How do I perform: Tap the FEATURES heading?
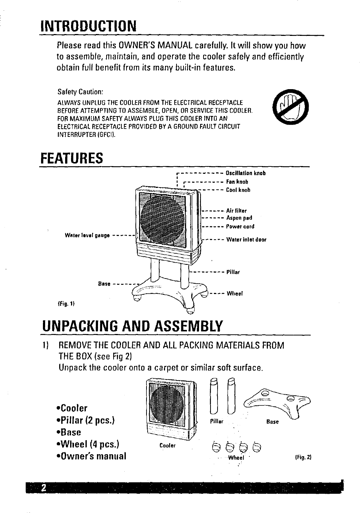pos(71,158)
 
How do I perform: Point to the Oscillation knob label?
pos(246,173)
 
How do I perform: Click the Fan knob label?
pos(237,182)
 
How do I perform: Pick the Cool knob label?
pos(238,190)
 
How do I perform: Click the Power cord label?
pos(240,226)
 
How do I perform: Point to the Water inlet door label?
pos(246,239)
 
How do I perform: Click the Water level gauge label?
pos(87,235)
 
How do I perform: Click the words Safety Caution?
pos(80,91)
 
